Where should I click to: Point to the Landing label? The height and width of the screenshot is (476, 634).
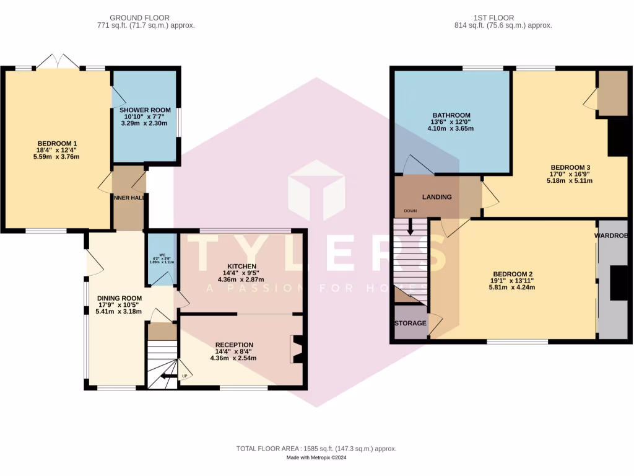pos(436,197)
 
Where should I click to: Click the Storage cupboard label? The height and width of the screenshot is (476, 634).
pos(410,324)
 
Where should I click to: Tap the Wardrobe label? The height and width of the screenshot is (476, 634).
pos(612,236)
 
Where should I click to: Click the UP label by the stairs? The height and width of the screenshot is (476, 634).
pos(184,376)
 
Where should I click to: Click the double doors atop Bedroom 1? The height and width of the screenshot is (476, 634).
pos(58,62)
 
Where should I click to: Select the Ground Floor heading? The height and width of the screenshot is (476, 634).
pos(139,18)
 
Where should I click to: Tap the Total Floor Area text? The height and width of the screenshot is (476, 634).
pos(316,449)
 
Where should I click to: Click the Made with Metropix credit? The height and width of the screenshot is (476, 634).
pos(316,458)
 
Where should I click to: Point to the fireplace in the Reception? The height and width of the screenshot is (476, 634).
pos(296,349)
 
